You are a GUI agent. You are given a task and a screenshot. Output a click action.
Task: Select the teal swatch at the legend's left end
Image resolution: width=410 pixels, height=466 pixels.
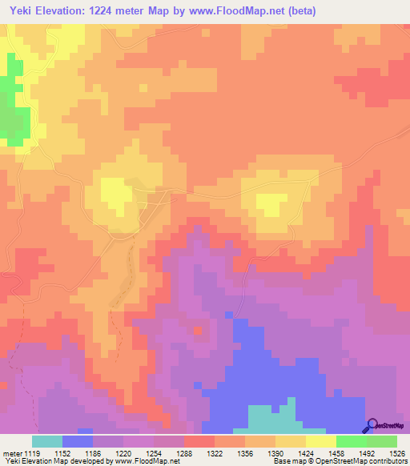click(x=47, y=441)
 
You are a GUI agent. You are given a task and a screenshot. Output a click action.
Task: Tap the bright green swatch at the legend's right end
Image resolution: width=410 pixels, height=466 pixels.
click(x=382, y=441)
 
